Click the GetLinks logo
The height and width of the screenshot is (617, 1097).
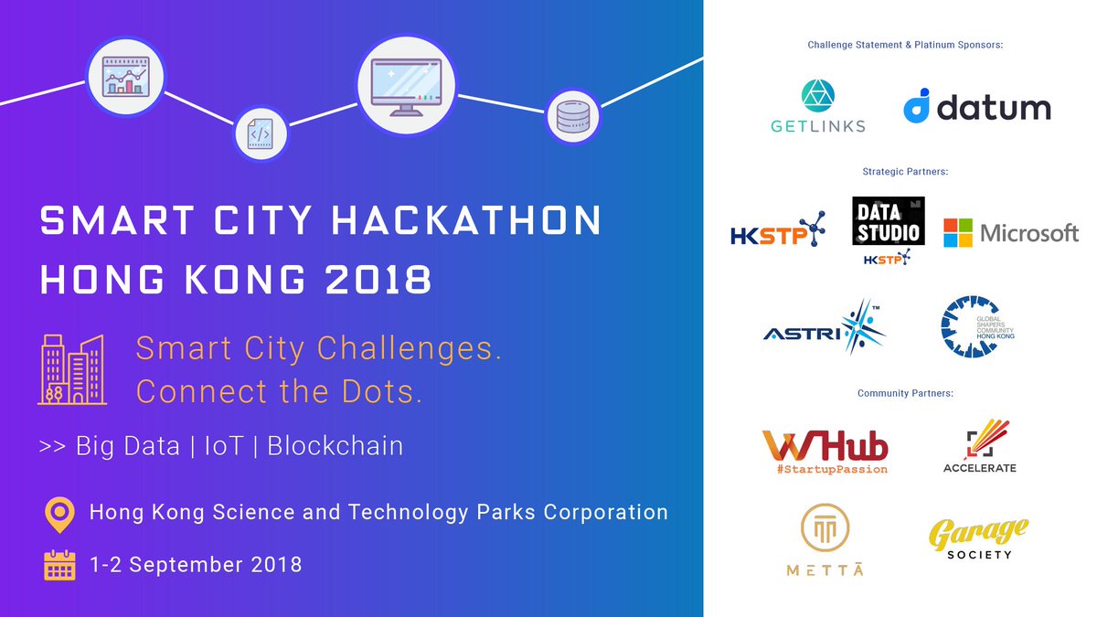pyautogui.click(x=818, y=106)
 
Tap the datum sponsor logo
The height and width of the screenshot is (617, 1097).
pyautogui.click(x=977, y=106)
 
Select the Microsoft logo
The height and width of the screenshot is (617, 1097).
pyautogui.click(x=1011, y=232)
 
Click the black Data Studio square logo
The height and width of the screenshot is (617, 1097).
pyautogui.click(x=889, y=221)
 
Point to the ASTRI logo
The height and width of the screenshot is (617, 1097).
pyautogui.click(x=825, y=327)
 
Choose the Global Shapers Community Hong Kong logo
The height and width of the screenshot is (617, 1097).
pyautogui.click(x=978, y=326)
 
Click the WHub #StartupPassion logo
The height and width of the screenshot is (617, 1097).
pyautogui.click(x=825, y=452)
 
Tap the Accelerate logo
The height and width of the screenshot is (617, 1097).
pyautogui.click(x=980, y=446)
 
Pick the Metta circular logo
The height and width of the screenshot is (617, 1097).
pyautogui.click(x=825, y=539)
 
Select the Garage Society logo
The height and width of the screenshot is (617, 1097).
pyautogui.click(x=978, y=538)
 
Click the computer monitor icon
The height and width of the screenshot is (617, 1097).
pyautogui.click(x=407, y=86)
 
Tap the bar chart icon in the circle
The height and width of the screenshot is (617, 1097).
pyautogui.click(x=126, y=77)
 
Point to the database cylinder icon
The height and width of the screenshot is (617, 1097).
pyautogui.click(x=573, y=117)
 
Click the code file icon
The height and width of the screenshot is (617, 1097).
pyautogui.click(x=260, y=133)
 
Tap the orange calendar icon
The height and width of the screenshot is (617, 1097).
pyautogui.click(x=59, y=565)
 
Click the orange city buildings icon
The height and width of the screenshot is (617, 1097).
pyautogui.click(x=72, y=369)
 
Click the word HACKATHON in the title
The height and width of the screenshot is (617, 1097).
pyautogui.click(x=466, y=220)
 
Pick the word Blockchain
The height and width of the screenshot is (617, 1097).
pyautogui.click(x=335, y=446)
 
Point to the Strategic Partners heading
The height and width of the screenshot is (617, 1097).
pyautogui.click(x=905, y=172)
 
